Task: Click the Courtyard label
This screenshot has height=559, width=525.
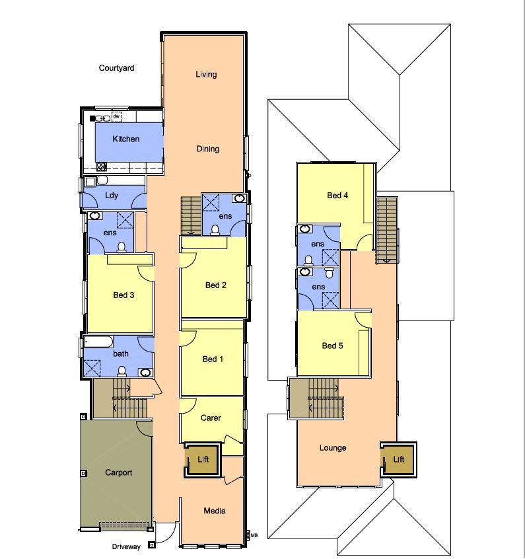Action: pos(117,68)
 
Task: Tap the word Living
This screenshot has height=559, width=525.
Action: pos(206,75)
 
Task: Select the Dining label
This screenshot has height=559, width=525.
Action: pos(208,149)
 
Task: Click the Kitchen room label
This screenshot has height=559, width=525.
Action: pos(126,139)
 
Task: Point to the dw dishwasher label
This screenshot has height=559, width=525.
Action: pos(116,116)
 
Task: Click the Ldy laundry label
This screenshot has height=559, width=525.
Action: pos(112,195)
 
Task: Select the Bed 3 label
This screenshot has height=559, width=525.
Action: pos(123,295)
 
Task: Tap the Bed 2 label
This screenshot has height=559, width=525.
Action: pos(216,285)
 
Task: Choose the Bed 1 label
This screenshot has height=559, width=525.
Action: pos(213,359)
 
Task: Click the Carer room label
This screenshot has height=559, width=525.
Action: pos(211,418)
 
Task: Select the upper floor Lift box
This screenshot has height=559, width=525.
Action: pos(399,459)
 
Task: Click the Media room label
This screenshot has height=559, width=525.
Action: pos(215,511)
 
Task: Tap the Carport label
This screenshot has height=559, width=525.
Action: pos(119,473)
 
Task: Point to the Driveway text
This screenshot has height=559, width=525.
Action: pos(126,547)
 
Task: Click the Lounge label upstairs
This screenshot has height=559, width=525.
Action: pos(333,448)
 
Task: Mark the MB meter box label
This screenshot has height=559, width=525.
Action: pos(254,535)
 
